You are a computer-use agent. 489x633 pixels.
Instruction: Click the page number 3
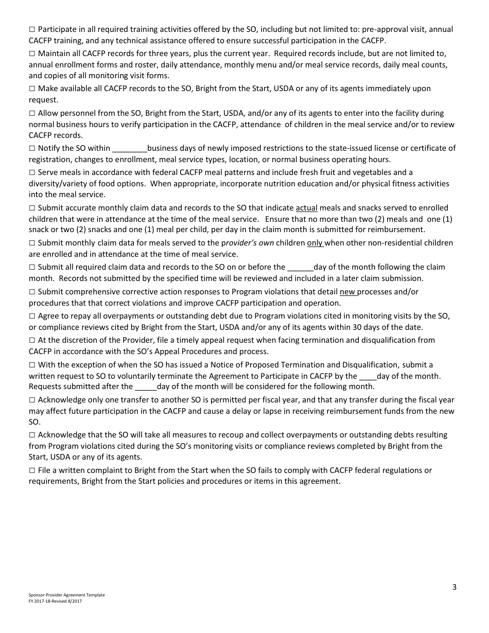(454, 587)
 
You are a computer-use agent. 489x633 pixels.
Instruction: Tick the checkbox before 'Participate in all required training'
(32, 29)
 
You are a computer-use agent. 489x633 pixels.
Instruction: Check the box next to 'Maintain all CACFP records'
(32, 54)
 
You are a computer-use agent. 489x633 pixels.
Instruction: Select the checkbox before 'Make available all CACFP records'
(32, 89)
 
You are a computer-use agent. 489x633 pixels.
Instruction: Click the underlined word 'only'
(315, 243)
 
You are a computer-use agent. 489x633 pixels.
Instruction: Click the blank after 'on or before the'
(300, 267)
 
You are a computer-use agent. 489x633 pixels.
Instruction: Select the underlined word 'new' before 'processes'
(348, 292)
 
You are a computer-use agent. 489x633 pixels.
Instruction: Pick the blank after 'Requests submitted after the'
(146, 386)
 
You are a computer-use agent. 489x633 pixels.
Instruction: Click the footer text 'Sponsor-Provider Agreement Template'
(66, 595)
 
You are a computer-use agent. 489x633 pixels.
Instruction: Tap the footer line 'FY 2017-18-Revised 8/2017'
(55, 601)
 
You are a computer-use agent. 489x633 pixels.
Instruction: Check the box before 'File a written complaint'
(32, 470)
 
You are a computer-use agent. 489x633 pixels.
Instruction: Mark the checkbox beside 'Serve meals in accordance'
(32, 172)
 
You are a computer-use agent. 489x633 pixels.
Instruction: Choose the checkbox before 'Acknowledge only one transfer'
(32, 400)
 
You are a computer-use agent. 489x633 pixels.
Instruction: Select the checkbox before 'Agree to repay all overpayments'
(32, 316)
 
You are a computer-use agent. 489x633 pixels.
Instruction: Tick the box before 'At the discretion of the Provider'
(32, 340)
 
